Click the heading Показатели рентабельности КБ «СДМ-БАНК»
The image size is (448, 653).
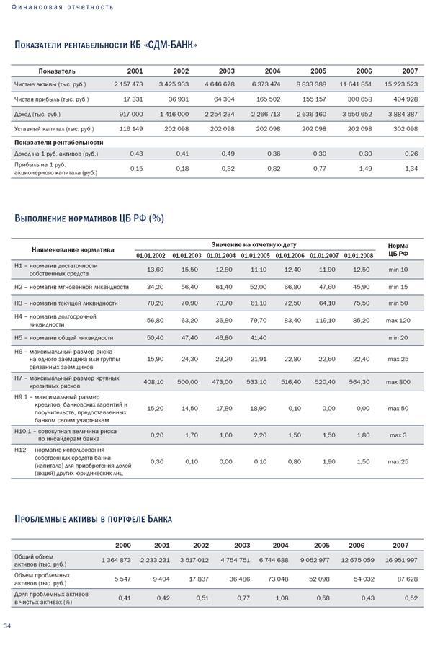point(106,45)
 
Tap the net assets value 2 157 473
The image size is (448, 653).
point(128,84)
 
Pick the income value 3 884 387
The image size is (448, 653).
point(401,115)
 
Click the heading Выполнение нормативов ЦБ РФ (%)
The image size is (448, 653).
point(89,218)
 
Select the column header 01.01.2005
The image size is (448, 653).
point(255,256)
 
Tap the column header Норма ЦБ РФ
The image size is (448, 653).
point(398,249)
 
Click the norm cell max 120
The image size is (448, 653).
point(398,320)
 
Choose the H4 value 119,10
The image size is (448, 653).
point(325,320)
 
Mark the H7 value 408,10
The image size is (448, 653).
point(153,382)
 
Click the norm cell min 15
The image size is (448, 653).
point(398,287)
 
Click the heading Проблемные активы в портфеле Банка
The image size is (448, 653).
point(93,518)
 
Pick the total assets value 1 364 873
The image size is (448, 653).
point(116,560)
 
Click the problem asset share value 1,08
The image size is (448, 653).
point(280,598)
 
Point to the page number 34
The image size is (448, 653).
point(7,626)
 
